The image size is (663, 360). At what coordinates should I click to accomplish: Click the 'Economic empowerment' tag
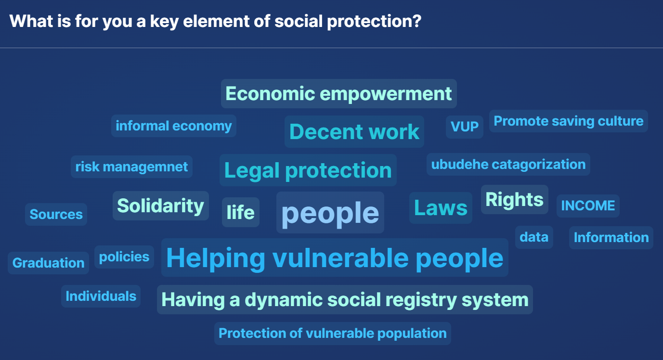[x=338, y=93]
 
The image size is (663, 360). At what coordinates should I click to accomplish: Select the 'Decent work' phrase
[x=354, y=132]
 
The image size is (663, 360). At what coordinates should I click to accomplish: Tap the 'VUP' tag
[x=465, y=127]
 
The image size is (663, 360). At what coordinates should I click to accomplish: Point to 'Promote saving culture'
[x=568, y=121]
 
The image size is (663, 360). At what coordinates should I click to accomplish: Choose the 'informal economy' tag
[x=173, y=126]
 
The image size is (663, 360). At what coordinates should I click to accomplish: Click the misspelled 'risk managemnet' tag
[x=131, y=167]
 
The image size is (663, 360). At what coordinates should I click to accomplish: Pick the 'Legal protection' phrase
[x=308, y=170]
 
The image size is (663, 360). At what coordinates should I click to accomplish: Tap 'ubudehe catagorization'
[x=508, y=164]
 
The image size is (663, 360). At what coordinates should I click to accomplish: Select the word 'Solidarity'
[x=160, y=206]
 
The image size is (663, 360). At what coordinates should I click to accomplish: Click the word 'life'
[x=241, y=212]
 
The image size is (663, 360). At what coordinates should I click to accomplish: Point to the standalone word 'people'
[x=330, y=212]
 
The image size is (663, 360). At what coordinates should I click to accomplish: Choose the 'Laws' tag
[x=441, y=207]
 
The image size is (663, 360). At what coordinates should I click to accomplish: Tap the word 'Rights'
[x=514, y=199]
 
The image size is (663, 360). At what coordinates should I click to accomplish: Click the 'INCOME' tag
[x=588, y=206]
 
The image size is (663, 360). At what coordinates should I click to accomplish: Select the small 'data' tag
[x=534, y=237]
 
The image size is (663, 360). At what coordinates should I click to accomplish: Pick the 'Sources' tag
[x=56, y=214]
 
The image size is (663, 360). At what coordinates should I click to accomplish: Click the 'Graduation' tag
[x=48, y=263]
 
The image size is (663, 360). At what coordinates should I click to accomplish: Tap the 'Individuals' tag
[x=101, y=296]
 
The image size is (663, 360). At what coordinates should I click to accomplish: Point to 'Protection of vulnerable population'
[x=332, y=334]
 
